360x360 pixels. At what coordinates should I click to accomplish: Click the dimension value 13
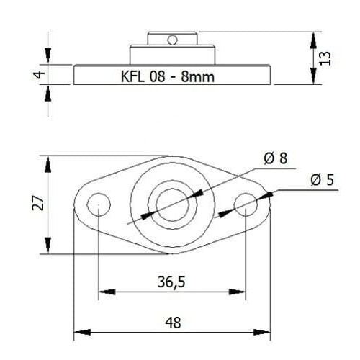coord(326,58)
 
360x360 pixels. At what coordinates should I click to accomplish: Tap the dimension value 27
coord(40,204)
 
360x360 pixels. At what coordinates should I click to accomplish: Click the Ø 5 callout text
coord(322,180)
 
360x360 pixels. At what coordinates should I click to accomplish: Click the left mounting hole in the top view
coord(97,204)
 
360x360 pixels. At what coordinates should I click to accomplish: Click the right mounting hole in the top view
coord(246,204)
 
